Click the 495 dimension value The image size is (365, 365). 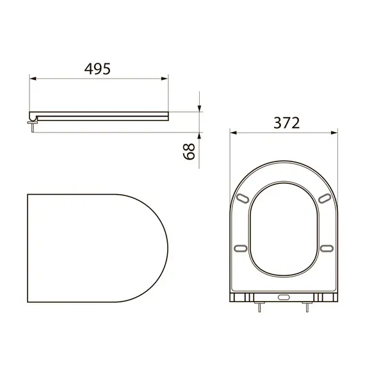[97, 69]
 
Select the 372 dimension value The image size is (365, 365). [286, 123]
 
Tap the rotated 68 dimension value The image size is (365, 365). [189, 152]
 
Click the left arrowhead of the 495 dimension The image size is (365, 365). [33, 79]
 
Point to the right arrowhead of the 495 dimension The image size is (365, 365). [165, 79]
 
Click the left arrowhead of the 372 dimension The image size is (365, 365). [233, 133]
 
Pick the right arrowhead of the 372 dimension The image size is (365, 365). [334, 133]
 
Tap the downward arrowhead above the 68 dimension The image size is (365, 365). [199, 108]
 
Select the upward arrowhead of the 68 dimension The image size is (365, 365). [199, 136]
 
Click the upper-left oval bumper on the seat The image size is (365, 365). [243, 199]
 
